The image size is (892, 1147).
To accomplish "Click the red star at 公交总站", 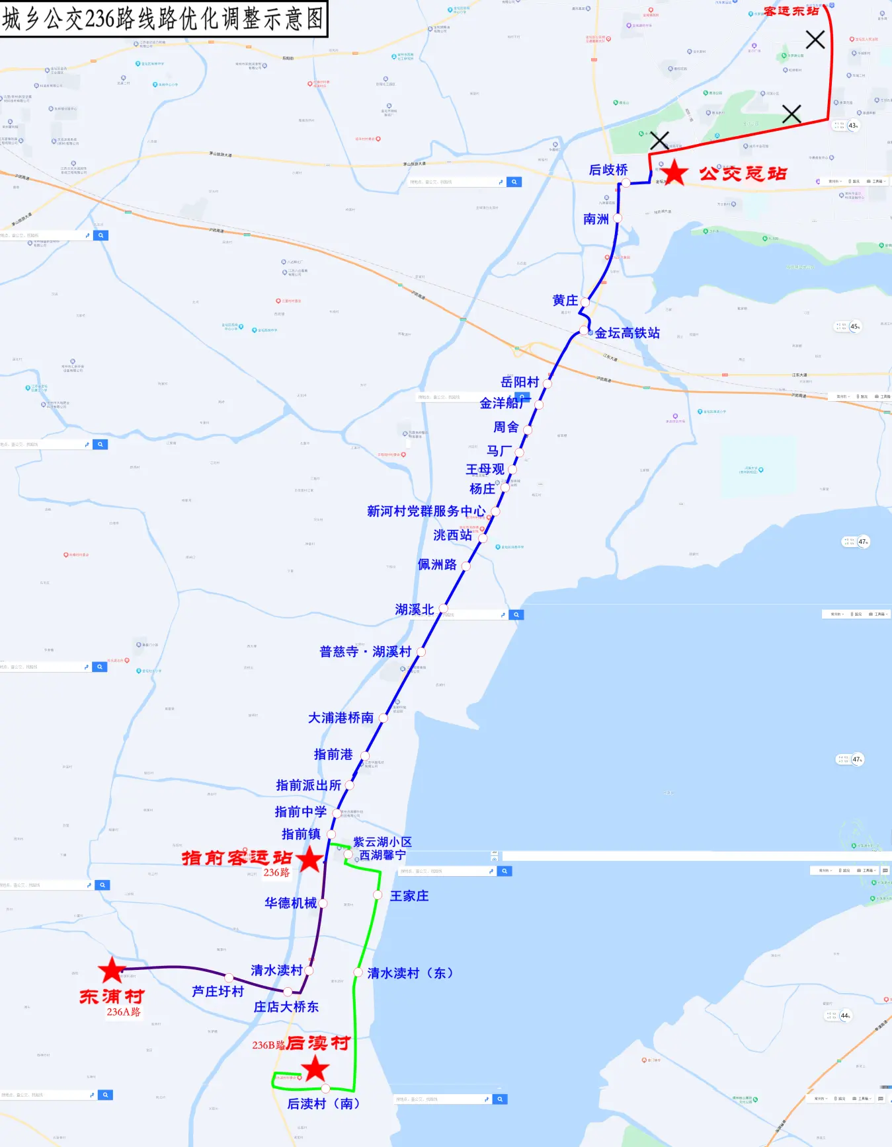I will [x=674, y=173].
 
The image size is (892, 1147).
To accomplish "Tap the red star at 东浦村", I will [x=112, y=970].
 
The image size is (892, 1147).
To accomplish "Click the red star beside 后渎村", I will [x=315, y=1068].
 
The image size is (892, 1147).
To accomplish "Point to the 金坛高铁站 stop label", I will [x=627, y=333].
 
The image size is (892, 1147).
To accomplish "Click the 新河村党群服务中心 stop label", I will [x=426, y=511].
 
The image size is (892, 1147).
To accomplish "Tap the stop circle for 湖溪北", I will [x=443, y=609].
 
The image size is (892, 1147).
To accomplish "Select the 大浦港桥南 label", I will [x=341, y=718].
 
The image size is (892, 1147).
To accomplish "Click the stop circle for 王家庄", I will [x=378, y=895].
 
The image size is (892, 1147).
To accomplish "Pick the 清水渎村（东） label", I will [x=410, y=973].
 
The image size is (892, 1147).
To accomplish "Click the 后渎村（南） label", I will [x=323, y=1103].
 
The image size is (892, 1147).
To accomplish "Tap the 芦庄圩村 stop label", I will [x=218, y=991].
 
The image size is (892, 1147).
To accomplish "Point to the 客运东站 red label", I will [x=791, y=11].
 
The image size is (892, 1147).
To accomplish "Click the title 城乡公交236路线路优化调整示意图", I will [x=163, y=18].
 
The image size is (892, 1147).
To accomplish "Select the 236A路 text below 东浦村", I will [x=124, y=1012].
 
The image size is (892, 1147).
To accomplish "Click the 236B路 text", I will [x=268, y=1045].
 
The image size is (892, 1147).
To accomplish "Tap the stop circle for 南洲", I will [x=618, y=218].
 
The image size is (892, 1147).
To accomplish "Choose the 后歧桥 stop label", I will [x=608, y=170].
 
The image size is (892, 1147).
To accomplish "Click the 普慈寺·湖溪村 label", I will [x=365, y=651].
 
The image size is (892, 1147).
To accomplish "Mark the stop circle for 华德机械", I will [x=323, y=903].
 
